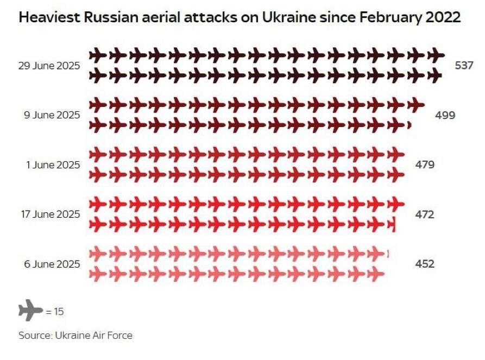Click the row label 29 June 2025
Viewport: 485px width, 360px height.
(x=49, y=66)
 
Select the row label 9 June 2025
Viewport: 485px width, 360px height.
(x=53, y=115)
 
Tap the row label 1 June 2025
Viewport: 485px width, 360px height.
(x=53, y=164)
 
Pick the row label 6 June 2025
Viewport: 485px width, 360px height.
(x=53, y=264)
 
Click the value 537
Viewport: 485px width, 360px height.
(x=464, y=66)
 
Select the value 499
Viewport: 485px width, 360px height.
(x=445, y=115)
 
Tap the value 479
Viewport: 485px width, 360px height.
(x=425, y=164)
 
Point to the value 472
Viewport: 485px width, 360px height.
(x=425, y=214)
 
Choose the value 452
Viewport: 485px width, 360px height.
(x=425, y=264)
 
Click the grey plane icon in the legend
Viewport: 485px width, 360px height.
(x=30, y=311)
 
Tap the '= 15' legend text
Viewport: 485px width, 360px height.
(x=55, y=312)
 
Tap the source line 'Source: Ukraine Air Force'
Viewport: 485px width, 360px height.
(x=75, y=335)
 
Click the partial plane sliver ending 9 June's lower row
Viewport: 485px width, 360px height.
(x=409, y=125)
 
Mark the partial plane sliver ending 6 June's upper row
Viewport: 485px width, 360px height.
(x=388, y=254)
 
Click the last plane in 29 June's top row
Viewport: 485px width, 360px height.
(x=436, y=55)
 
